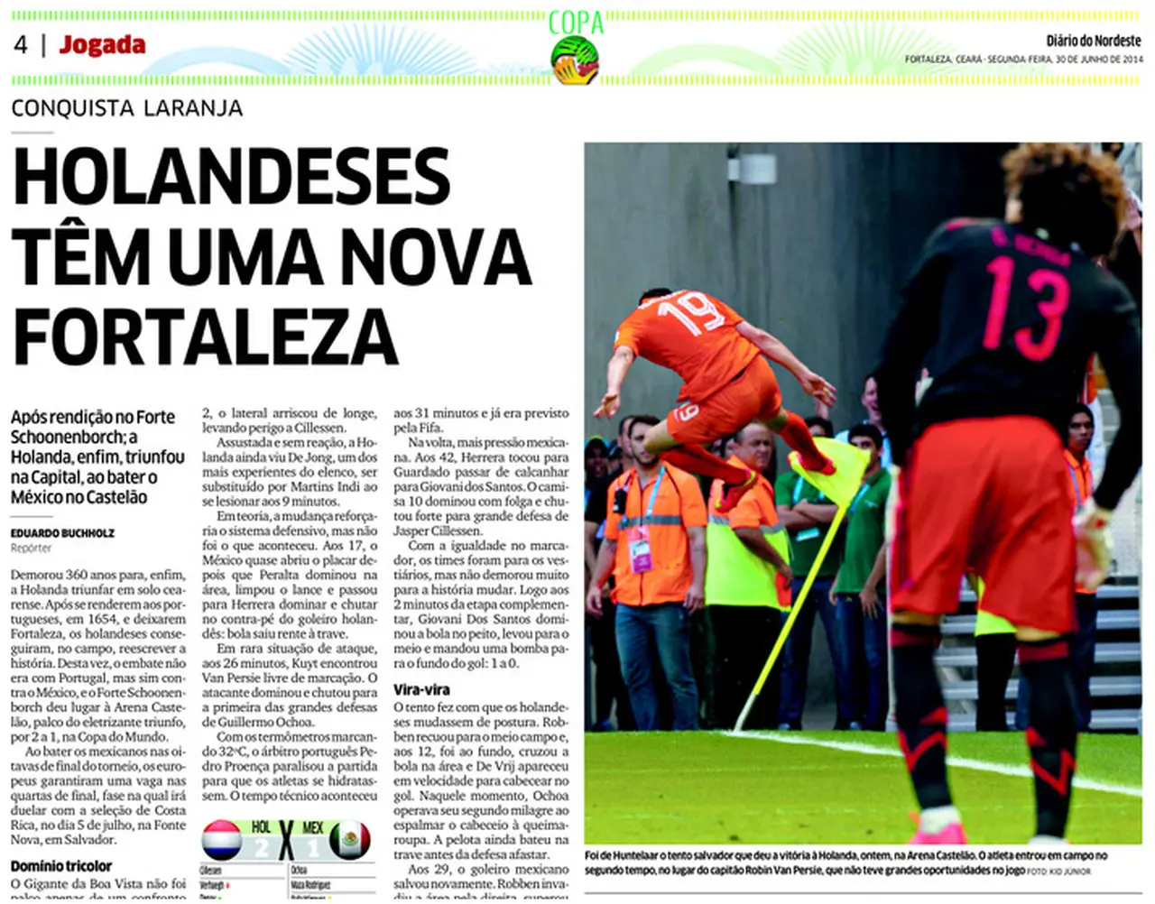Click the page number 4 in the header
coord(21,44)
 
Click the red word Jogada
coord(102,45)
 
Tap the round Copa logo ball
coord(576,60)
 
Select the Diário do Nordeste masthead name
coord(1093,41)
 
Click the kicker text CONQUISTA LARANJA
coord(127,108)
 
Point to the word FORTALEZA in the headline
coord(206,337)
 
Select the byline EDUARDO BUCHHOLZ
coord(62,533)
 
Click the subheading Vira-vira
coord(420,689)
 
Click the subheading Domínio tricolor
coord(61,866)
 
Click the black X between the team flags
coord(286,839)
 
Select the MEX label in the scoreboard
coord(312,826)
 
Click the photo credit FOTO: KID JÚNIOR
coord(1058,872)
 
